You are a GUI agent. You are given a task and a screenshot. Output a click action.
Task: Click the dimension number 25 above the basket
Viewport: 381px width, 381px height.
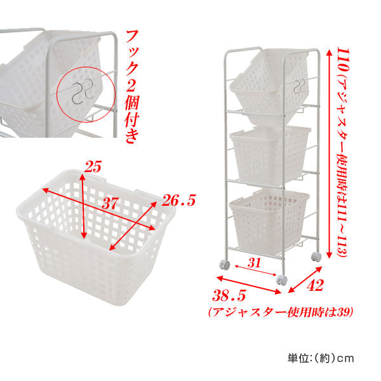coord(93,166)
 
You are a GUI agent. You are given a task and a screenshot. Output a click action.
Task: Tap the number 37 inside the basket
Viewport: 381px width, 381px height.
coord(110,203)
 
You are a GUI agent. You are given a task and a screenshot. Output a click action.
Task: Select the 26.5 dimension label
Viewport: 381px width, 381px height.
coord(179,201)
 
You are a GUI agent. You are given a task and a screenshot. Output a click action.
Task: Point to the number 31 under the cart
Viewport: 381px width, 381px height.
coord(255,263)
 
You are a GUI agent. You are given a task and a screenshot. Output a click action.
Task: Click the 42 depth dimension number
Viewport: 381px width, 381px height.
coord(315,285)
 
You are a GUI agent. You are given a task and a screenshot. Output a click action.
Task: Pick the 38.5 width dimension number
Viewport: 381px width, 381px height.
coord(229,296)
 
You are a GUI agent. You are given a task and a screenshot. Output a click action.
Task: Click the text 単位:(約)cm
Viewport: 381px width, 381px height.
coord(321,358)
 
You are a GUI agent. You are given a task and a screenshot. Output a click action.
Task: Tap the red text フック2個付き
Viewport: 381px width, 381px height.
coord(132,86)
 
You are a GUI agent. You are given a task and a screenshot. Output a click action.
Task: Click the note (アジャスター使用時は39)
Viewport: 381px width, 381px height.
coord(281,312)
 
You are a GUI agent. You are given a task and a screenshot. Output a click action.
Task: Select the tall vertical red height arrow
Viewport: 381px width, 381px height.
coord(329,154)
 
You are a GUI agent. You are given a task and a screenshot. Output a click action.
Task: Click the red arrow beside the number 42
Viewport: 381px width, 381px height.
coord(305,279)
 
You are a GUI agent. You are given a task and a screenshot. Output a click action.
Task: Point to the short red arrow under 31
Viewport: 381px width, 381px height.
coord(256,271)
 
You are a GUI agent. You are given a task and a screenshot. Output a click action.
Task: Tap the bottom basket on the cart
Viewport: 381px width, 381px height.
coord(269,221)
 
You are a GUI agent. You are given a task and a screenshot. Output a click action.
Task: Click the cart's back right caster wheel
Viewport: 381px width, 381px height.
coord(316,257)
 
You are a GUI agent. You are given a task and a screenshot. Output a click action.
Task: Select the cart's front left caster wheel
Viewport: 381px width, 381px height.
coord(224,265)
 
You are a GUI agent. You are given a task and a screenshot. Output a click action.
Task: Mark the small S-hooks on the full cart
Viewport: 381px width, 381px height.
coord(299,86)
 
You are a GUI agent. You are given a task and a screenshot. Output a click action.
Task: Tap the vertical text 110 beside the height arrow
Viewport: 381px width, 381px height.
coord(343,60)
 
